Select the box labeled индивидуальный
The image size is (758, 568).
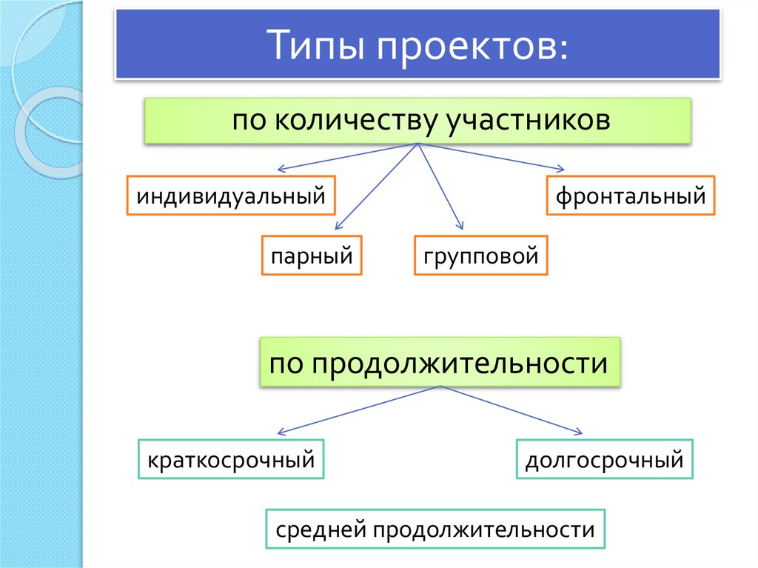coord(231,196)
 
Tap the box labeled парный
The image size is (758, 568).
coord(311,255)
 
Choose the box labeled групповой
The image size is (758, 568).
coord(480,255)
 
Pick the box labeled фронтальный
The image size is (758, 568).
coord(631,196)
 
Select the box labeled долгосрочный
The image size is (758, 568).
coord(604,459)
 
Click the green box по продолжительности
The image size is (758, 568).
coord(439,363)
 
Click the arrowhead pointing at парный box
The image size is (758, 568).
coord(338,228)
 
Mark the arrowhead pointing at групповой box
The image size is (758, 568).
coord(461,227)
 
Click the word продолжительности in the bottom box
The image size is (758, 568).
coord(484,529)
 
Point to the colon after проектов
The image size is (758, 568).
coord(563,50)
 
